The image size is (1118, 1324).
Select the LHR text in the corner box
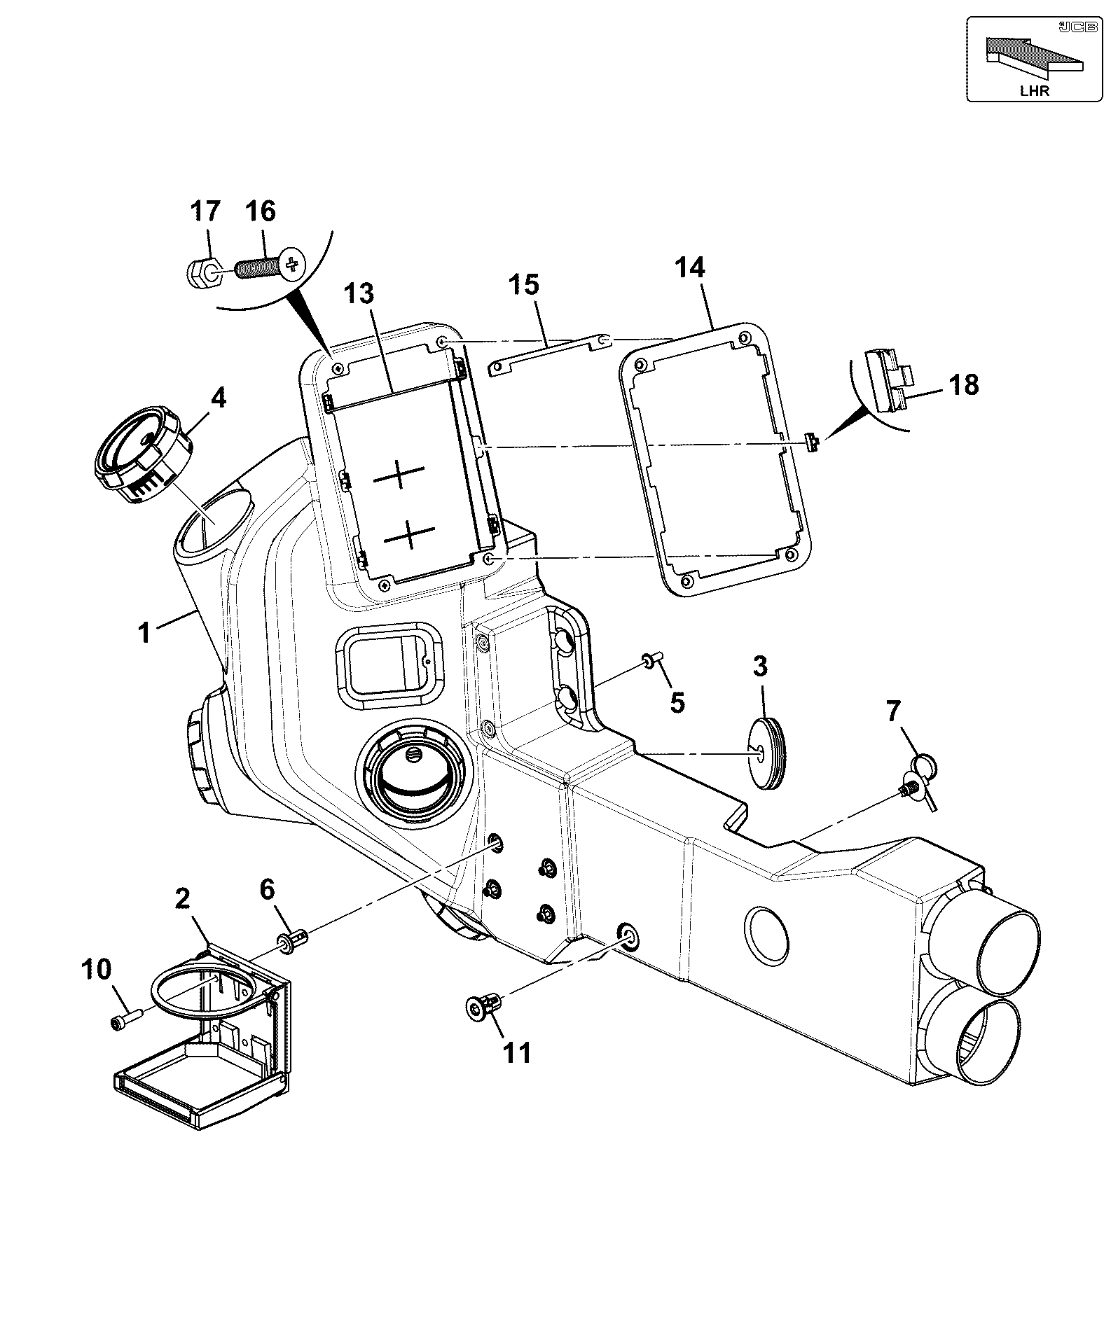pos(1034,91)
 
